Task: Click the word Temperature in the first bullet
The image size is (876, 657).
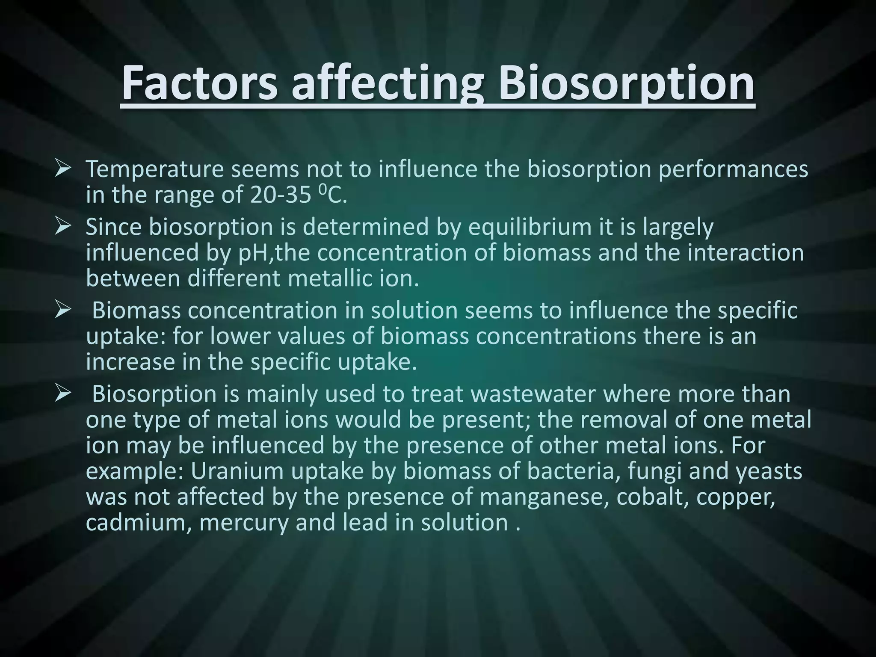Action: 155,169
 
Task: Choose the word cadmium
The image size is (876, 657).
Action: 138,523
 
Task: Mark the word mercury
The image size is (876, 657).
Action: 244,523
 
